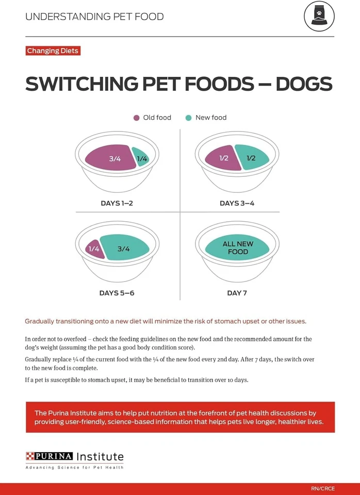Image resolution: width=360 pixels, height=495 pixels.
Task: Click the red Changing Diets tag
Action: pos(52,51)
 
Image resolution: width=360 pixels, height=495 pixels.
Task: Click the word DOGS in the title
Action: pos(304,84)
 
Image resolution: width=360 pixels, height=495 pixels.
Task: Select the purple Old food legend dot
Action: pos(136,118)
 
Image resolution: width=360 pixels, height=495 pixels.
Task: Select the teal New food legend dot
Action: pos(189,118)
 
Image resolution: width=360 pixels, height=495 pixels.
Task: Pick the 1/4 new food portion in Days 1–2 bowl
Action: pos(141,158)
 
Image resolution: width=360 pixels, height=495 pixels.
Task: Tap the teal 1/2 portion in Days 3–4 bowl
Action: pos(252,157)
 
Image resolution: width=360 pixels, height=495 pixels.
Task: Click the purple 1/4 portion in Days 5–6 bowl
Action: pos(93,249)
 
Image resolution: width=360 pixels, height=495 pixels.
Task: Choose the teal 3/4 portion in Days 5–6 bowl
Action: pos(124,248)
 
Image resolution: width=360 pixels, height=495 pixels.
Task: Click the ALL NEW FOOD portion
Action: pos(237,248)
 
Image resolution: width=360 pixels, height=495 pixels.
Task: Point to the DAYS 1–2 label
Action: pos(117,203)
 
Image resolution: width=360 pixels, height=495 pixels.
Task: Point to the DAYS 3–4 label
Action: pos(237,203)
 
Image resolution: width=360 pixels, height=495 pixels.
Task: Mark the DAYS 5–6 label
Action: pos(117,293)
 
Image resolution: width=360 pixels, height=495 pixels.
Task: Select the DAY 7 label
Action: pos(237,293)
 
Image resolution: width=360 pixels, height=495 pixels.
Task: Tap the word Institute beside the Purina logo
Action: pos(100,457)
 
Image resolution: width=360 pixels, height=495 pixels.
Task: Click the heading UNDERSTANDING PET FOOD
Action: pos(94,16)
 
